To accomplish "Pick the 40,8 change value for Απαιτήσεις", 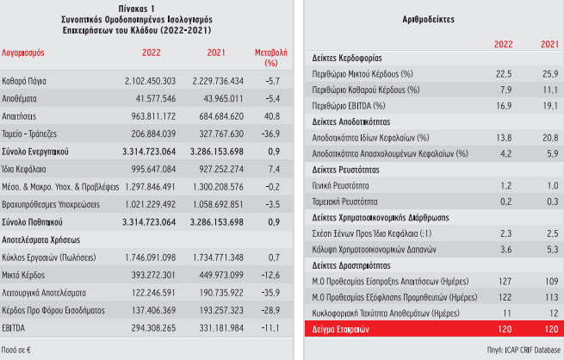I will [270, 116].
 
